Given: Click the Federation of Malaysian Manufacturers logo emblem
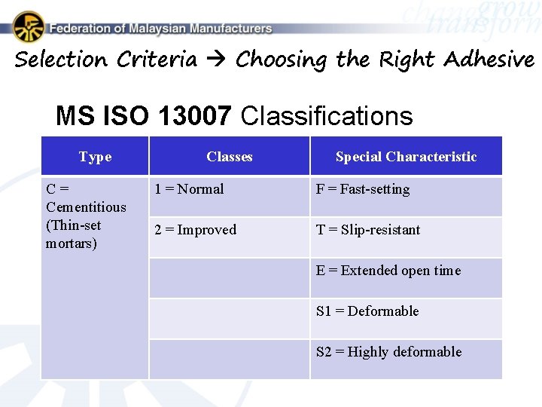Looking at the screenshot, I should [28, 26].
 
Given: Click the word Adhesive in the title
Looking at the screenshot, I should [489, 60].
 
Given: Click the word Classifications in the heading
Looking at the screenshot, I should [327, 116].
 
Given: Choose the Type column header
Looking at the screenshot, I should [95, 157].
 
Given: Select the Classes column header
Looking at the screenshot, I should [229, 157].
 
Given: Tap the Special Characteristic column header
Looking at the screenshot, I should [406, 157].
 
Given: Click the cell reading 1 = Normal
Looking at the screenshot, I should [189, 189].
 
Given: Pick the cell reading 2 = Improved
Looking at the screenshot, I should [195, 230].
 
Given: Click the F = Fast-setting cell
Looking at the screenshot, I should [363, 189].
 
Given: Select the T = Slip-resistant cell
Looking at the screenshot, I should [368, 230].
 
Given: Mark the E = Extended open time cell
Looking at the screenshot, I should [388, 271].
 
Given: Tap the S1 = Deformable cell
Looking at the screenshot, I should [367, 311].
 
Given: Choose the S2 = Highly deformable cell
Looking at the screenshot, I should [388, 352].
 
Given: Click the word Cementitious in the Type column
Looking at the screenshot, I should [86, 207].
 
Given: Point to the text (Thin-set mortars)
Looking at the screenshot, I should [73, 234].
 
